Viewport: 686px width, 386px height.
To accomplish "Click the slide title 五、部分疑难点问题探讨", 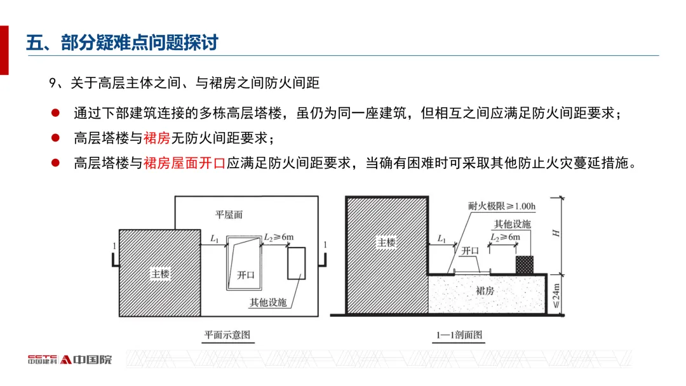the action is point(122,43).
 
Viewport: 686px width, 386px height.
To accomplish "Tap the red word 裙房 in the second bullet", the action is point(156,138).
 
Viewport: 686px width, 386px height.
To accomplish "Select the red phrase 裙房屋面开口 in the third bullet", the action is point(184,163).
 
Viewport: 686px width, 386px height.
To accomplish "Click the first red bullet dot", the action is point(55,113).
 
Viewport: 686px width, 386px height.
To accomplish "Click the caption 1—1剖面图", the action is point(460,335).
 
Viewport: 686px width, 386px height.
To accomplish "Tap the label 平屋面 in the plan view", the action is point(229,215).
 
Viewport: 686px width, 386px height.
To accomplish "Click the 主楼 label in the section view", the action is point(387,243).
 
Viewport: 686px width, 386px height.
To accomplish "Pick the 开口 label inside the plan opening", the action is point(245,275).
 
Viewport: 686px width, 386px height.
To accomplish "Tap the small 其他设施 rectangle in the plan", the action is point(297,263).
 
